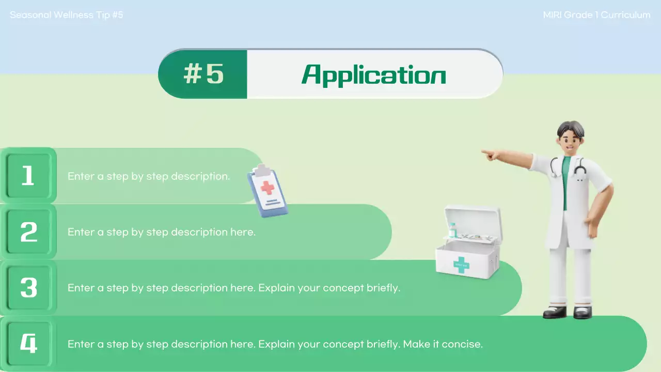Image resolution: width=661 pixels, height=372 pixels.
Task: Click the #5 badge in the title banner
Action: click(203, 74)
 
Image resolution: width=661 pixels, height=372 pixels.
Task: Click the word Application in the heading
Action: click(373, 75)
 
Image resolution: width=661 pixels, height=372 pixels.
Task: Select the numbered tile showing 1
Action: click(28, 176)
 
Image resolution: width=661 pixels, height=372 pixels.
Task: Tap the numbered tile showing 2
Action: click(28, 232)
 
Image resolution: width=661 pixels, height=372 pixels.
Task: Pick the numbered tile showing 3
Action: click(28, 288)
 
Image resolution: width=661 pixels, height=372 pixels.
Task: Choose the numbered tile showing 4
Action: click(28, 344)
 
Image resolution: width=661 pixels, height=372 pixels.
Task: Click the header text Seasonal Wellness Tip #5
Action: click(67, 15)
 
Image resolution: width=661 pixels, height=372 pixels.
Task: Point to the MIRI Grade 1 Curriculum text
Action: click(596, 15)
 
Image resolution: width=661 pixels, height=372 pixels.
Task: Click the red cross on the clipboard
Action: click(267, 187)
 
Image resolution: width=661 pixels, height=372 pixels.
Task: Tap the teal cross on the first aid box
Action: click(461, 265)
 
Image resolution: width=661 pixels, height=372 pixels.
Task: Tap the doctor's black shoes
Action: click(568, 312)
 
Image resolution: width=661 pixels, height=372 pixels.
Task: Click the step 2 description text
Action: click(162, 232)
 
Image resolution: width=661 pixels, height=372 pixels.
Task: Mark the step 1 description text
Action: click(149, 176)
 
